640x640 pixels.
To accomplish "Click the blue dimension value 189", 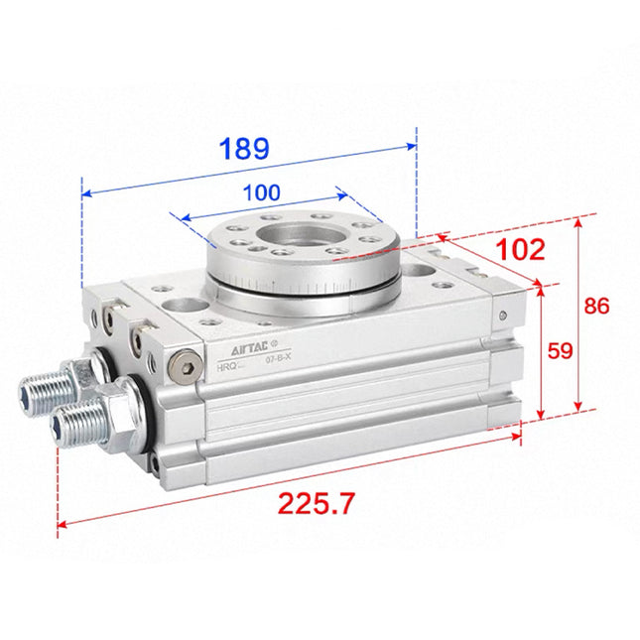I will (243, 149).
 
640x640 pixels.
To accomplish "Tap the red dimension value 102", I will (520, 250).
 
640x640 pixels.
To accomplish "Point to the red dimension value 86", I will (596, 306).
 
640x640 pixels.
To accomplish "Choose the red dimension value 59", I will (563, 349).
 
